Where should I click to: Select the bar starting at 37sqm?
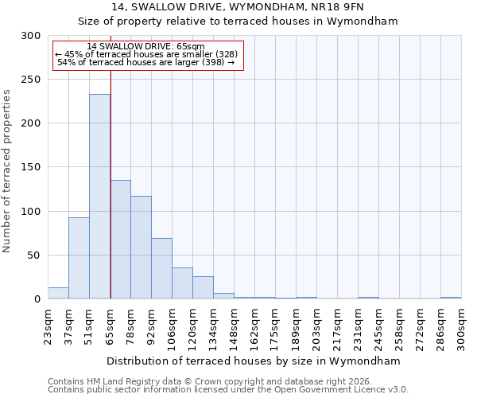[x=79, y=258]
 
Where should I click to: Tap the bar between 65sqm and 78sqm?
[x=120, y=239]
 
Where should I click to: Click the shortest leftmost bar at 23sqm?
[x=58, y=294]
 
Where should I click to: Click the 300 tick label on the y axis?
[x=31, y=36]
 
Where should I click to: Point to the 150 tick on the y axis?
[x=31, y=167]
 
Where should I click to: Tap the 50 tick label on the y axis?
[x=34, y=256]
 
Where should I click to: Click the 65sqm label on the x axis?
[x=111, y=325]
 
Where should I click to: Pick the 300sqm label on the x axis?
[x=462, y=327]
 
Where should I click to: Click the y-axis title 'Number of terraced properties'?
[x=8, y=170]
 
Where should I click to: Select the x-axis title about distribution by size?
[x=254, y=361]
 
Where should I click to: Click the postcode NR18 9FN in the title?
[x=335, y=6]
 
